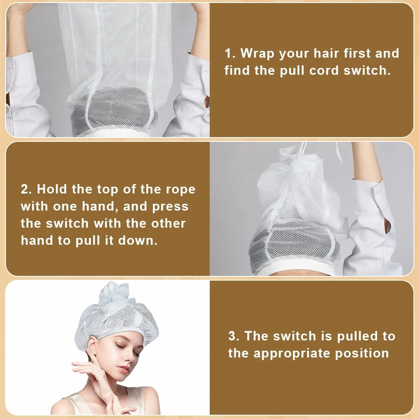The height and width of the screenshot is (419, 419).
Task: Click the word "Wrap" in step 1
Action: pos(257,54)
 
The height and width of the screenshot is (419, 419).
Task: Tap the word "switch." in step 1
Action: pos(367,70)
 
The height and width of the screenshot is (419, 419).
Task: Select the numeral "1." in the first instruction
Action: pos(230,53)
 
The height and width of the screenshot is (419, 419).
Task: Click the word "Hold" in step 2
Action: pos(52,189)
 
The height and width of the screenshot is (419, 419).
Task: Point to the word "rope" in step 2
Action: pos(181,190)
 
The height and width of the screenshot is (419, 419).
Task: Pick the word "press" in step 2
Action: pos(170,207)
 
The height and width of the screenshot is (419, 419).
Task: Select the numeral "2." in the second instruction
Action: pos(26,189)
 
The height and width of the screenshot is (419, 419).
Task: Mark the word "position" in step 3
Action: pos(362,354)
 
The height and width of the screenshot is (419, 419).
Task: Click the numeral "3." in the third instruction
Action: pos(234,336)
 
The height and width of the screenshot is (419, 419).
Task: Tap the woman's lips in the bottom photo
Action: pos(124,369)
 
